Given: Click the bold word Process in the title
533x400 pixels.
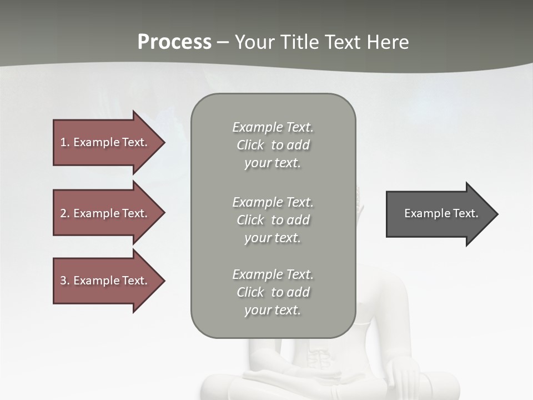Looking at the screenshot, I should click(x=174, y=42).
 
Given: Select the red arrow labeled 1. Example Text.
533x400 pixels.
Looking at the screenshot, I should click(x=105, y=142).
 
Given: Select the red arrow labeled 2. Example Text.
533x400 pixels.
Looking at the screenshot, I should click(x=105, y=213).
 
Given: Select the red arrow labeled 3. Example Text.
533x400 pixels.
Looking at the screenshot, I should click(x=105, y=281).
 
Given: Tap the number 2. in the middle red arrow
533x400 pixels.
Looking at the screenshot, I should click(x=65, y=213).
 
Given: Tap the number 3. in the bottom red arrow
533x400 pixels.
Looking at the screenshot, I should click(x=65, y=281).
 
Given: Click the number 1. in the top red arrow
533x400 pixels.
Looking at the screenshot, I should click(x=64, y=142).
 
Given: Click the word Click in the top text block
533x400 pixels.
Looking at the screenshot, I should click(x=250, y=145).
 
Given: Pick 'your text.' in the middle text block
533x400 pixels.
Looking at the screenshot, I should click(x=273, y=238).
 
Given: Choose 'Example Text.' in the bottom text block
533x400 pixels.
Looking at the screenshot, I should click(x=273, y=274).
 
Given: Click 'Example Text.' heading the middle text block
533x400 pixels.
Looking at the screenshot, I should click(x=273, y=202).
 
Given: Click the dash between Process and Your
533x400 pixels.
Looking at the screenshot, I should click(x=222, y=42).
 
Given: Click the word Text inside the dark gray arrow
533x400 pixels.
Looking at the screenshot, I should click(x=465, y=213).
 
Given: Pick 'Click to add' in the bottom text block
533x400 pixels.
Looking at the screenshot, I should click(x=273, y=292).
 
